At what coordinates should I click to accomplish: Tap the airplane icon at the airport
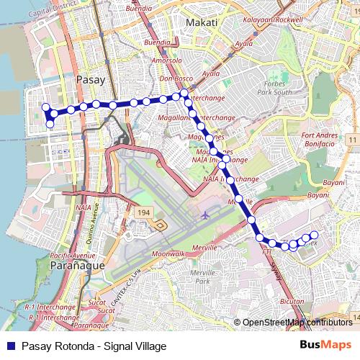tap(206, 215)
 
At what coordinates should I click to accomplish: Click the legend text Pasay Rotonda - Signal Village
tap(94, 346)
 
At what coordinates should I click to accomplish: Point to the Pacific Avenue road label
tap(73, 256)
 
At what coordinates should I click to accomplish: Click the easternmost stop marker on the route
tap(314, 234)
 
